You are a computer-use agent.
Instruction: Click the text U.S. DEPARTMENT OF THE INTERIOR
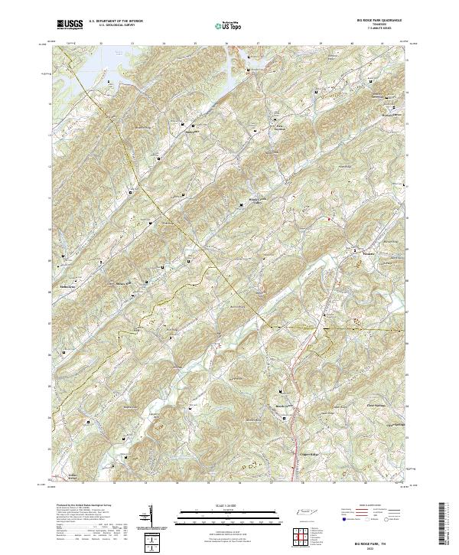(x=116, y=21)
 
